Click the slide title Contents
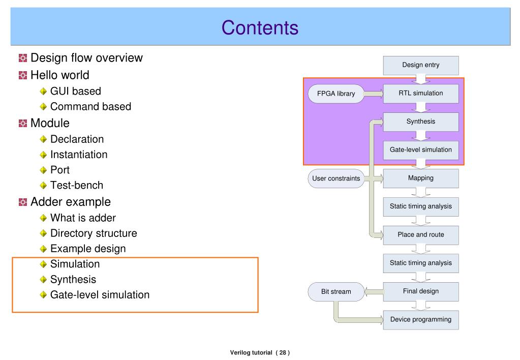(x=260, y=27)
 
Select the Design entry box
(x=421, y=66)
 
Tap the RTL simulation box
(x=421, y=94)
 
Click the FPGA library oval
(x=336, y=94)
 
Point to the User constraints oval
(x=336, y=178)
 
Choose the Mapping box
(x=421, y=178)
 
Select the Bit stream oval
(x=336, y=292)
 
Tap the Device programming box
(x=421, y=320)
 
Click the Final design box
(x=421, y=292)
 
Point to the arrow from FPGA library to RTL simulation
(x=374, y=94)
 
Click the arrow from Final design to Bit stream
(x=374, y=292)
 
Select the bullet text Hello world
(x=59, y=75)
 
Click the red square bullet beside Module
(x=23, y=124)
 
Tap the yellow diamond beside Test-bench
(x=43, y=186)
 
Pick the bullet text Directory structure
(x=94, y=233)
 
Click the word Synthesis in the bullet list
(x=73, y=280)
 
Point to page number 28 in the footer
(x=283, y=353)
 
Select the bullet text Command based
(x=90, y=106)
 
